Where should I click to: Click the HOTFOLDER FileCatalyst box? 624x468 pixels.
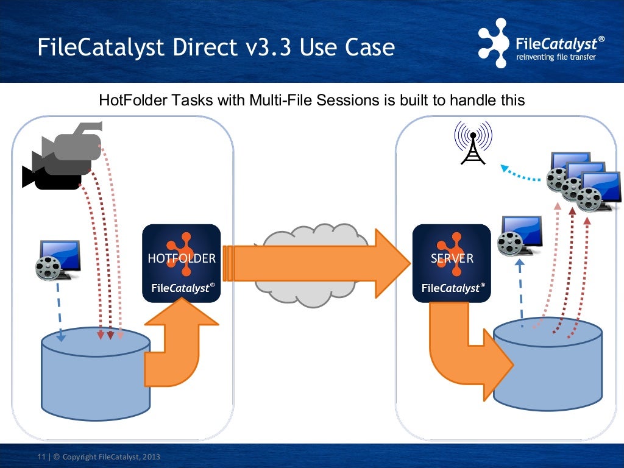pos(181,263)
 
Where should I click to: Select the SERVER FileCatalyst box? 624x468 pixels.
pos(452,263)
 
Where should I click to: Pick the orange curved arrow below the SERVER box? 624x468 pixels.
pos(463,353)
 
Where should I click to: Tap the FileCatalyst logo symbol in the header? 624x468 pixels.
pos(492,43)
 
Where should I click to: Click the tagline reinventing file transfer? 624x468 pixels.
pos(555,57)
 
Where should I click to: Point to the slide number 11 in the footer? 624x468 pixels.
pos(41,457)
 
